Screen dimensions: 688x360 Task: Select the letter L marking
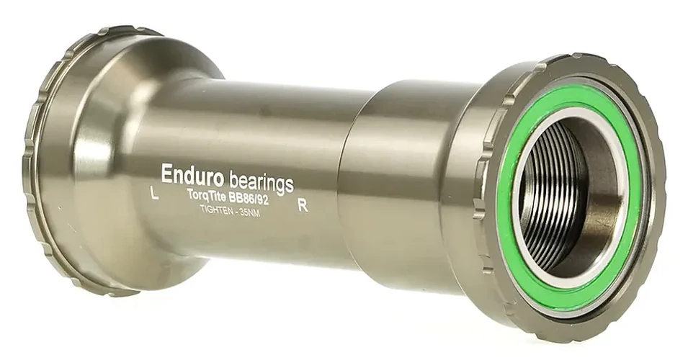click(x=154, y=194)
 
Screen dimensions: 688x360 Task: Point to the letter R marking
click(x=303, y=206)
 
